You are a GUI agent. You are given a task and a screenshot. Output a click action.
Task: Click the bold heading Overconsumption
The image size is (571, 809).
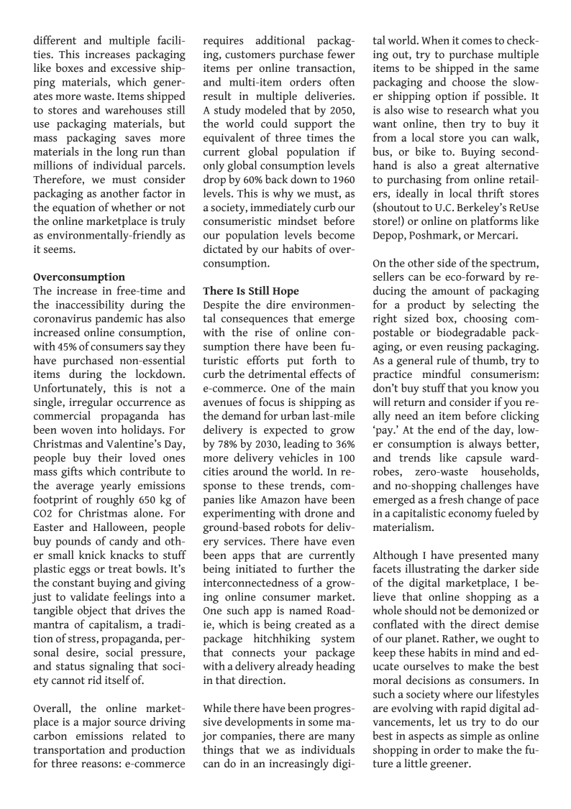point(79,277)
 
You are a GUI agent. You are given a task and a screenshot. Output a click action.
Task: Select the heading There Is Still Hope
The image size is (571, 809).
point(251,291)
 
